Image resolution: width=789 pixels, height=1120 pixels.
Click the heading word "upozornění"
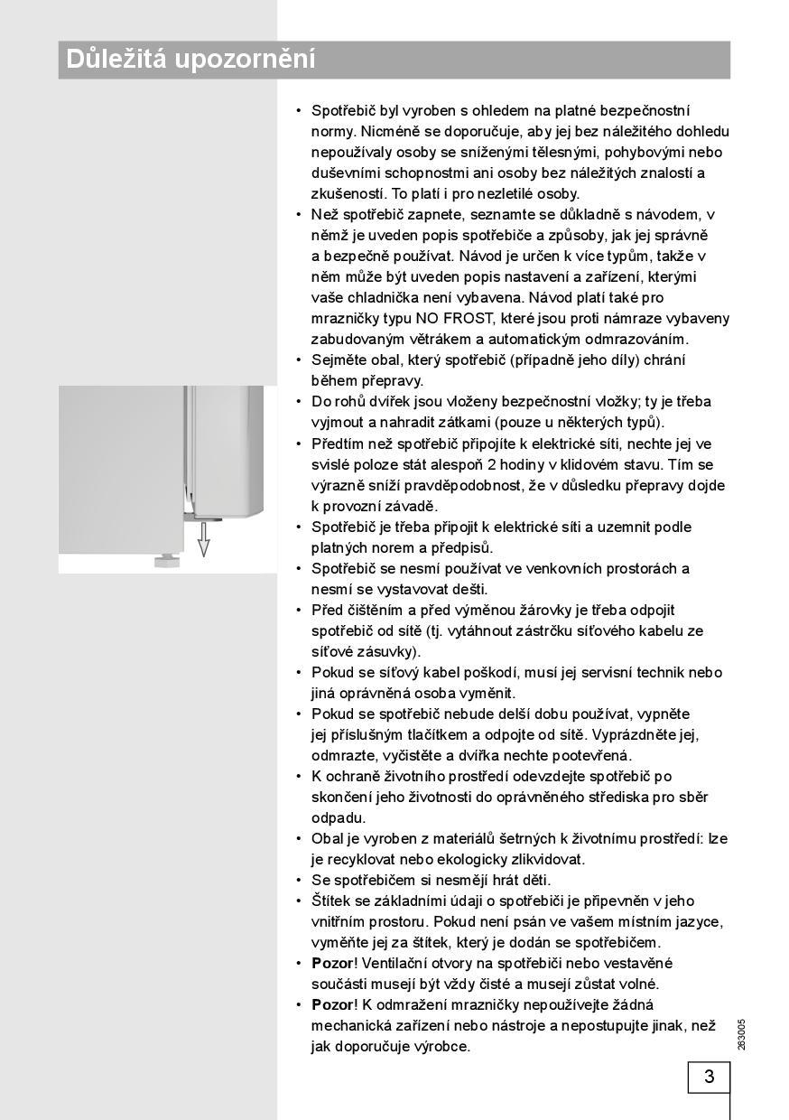click(245, 61)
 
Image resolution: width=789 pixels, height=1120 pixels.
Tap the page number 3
click(709, 1078)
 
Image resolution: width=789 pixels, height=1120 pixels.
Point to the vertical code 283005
click(741, 1034)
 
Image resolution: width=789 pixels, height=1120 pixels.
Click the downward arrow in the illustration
click(204, 543)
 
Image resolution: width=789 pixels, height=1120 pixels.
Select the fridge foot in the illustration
click(165, 561)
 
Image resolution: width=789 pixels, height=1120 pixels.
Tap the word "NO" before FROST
click(426, 318)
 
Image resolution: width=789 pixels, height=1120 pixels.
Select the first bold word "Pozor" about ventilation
click(331, 964)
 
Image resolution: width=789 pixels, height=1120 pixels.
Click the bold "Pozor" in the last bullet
click(331, 1005)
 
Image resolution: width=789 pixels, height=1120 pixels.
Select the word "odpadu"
click(338, 818)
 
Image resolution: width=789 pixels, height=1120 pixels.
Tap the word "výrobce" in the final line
click(441, 1047)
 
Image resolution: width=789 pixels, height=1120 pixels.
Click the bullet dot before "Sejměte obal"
click(299, 360)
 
